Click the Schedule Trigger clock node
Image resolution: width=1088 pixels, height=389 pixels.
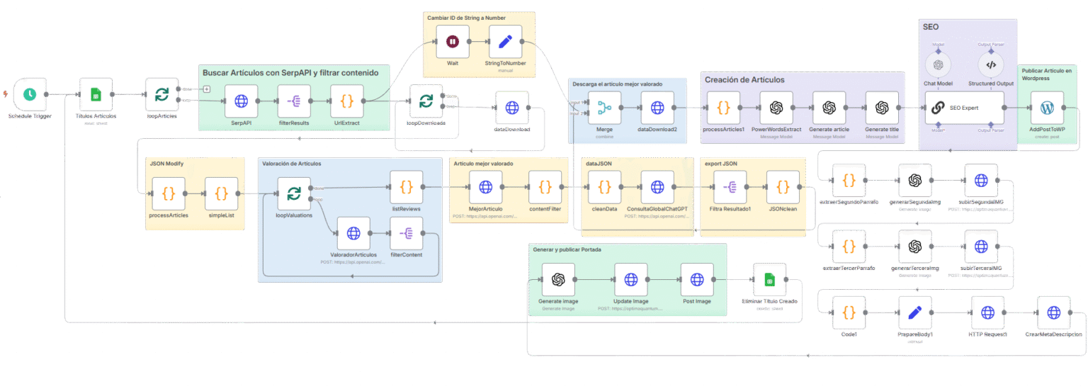30,94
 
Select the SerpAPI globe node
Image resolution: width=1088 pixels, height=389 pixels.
241,101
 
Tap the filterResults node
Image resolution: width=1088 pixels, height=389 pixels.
294,101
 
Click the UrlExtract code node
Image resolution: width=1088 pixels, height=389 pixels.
347,101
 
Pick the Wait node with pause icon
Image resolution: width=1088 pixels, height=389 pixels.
453,42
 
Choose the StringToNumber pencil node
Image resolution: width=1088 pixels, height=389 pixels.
505,42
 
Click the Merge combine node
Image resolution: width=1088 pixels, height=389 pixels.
604,108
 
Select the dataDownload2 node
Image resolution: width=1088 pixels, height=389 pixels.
657,108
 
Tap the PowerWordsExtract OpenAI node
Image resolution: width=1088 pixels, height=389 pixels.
776,108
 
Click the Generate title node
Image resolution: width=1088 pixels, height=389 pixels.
882,108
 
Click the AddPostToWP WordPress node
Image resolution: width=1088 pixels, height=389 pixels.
1047,108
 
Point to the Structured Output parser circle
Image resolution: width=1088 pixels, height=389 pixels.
990,64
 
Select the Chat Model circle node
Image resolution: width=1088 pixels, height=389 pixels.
939,64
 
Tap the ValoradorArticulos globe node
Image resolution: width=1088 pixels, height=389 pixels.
353,233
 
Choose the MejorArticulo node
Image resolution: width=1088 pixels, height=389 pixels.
485,187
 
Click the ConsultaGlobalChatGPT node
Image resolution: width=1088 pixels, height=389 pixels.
657,187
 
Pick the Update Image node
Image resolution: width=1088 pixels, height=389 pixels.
631,279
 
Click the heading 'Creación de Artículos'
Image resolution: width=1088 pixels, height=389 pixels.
744,80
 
